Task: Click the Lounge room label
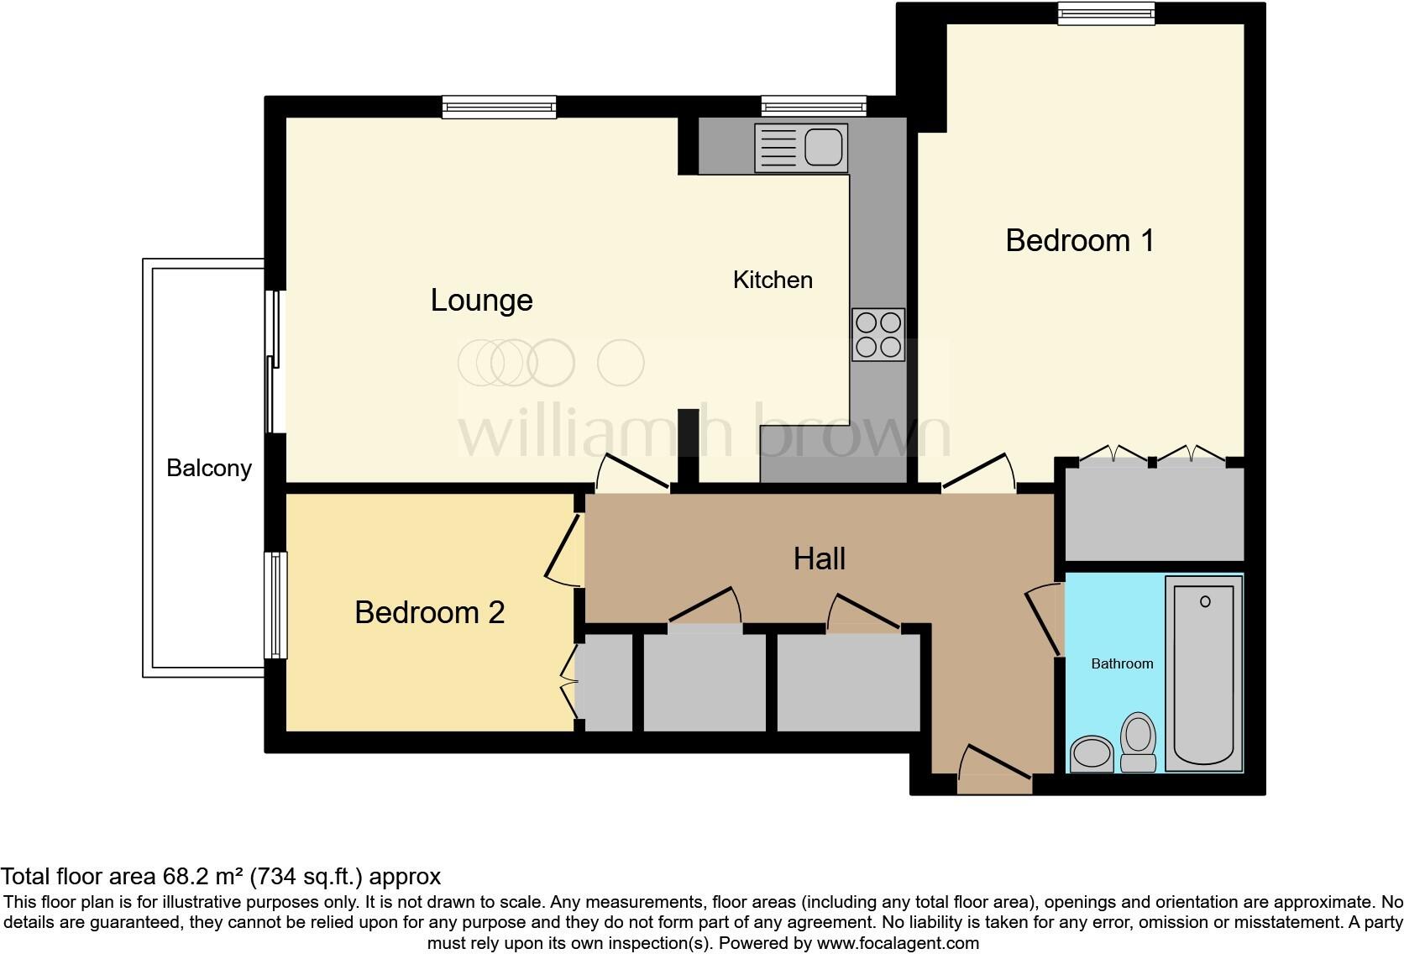pos(481,301)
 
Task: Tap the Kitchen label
pos(773,280)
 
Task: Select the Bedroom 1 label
pos(1079,241)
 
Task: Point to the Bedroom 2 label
pos(429,612)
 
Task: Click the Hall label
pos(819,558)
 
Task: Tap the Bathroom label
pos(1122,663)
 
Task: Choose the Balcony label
pos(209,468)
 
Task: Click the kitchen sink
pos(800,148)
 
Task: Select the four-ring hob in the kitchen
pos(878,334)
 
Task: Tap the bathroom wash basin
pos(1091,752)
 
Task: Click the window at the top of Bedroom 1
pos(1105,13)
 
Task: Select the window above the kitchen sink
pos(813,106)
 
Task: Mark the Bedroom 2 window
pos(275,605)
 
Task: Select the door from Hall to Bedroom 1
pos(978,474)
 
